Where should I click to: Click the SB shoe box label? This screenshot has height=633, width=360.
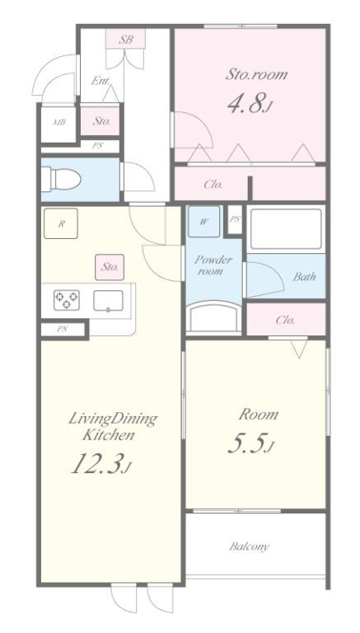point(125,40)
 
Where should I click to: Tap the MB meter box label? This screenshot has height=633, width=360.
point(59,123)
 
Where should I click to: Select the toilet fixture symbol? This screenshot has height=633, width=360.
point(61,179)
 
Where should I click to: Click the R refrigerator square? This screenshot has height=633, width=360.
point(60,223)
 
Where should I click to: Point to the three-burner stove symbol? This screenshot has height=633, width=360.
point(66,300)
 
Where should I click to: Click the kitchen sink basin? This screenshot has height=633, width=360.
point(108,300)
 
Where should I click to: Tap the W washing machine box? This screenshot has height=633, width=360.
point(203,221)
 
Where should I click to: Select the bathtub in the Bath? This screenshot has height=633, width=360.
point(286,228)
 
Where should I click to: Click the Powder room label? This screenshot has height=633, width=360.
point(213,265)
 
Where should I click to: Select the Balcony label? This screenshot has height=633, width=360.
point(249,546)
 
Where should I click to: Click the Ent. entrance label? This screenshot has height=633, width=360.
point(100,81)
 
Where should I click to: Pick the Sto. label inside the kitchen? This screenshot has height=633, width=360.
point(110,267)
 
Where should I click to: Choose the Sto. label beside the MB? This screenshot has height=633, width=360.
point(101,120)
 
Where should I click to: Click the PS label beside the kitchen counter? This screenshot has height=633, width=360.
point(62,329)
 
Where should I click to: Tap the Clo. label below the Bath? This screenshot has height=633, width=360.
point(285,320)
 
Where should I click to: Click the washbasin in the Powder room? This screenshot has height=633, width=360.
point(213,317)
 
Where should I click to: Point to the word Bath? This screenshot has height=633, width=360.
point(304,277)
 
